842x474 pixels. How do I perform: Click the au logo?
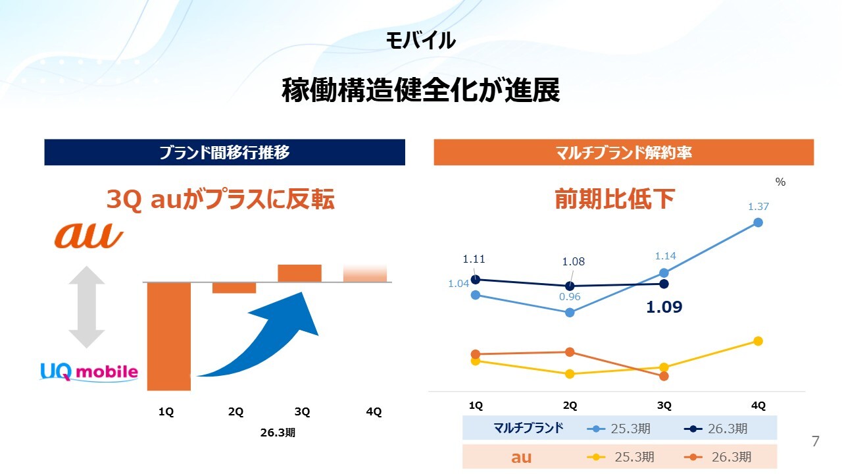[88, 236]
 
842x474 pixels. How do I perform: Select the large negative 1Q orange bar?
[169, 336]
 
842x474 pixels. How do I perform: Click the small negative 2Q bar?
[234, 288]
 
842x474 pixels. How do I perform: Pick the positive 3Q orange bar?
[299, 273]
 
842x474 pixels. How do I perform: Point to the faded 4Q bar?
[365, 273]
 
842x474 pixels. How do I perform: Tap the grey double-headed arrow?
[86, 306]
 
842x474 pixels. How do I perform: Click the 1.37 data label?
[758, 207]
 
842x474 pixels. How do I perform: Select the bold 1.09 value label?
[664, 307]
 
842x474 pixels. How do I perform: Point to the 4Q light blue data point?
[758, 223]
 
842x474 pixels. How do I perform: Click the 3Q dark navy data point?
[664, 284]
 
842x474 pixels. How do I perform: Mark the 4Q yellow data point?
[758, 341]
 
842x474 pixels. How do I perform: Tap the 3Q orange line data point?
[664, 376]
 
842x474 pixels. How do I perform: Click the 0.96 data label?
[570, 296]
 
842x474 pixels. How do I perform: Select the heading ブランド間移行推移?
[224, 153]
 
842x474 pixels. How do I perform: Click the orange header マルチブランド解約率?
[624, 153]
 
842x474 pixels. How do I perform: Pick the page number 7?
[816, 442]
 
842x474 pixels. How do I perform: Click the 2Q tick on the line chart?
[570, 406]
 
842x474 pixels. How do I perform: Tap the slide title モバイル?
[421, 41]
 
